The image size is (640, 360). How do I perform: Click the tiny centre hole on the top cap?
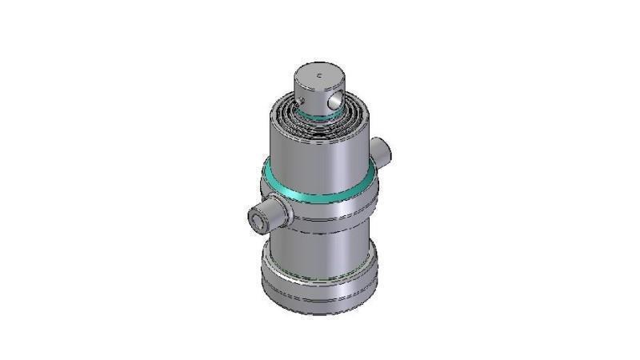pyautogui.click(x=318, y=75)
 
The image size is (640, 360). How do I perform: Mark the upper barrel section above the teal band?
pyautogui.click(x=316, y=156)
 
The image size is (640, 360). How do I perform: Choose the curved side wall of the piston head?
pyautogui.click(x=309, y=96)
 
